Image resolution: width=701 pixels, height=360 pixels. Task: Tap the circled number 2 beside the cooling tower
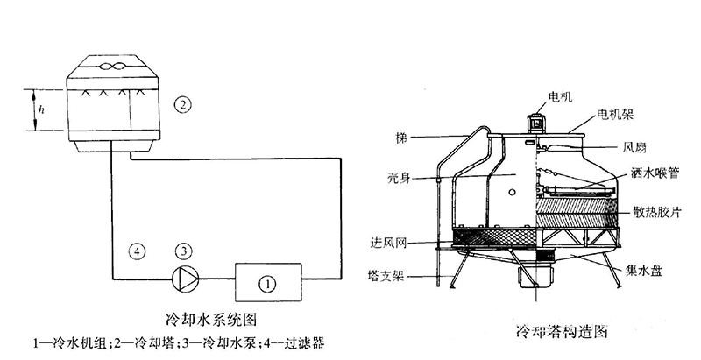(x=181, y=106)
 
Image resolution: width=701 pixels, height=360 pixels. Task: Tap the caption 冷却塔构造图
(x=551, y=333)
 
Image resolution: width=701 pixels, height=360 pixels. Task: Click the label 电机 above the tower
(x=560, y=97)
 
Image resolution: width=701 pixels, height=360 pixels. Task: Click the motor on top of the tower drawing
(x=535, y=123)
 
